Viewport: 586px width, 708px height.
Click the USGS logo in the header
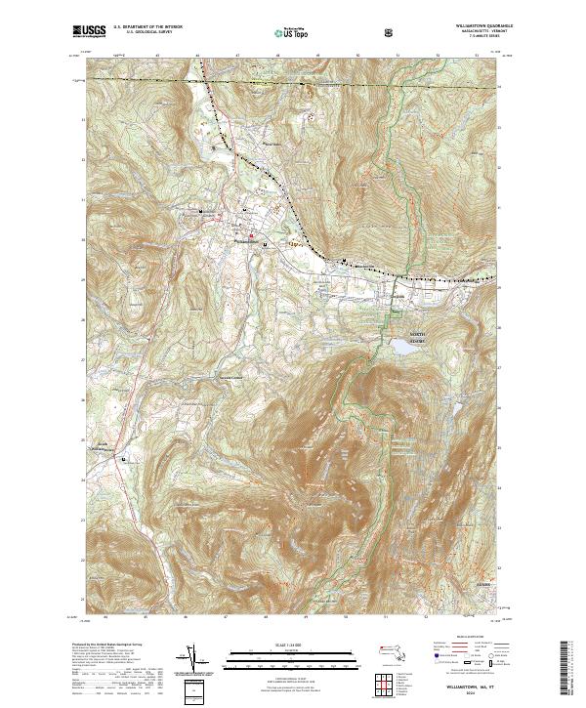click(89, 32)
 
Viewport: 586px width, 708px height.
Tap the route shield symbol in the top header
click(391, 33)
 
